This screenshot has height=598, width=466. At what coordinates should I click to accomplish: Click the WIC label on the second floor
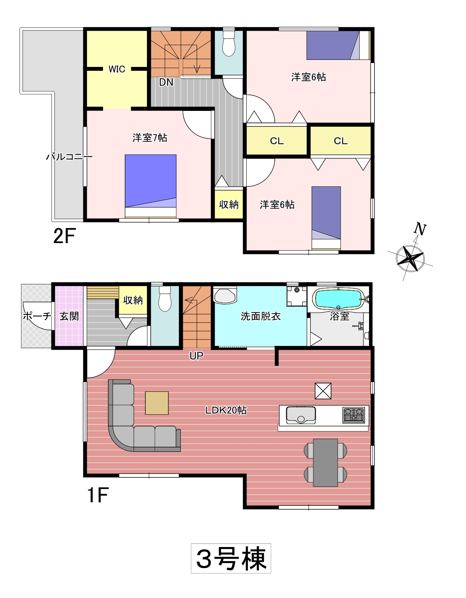tap(117, 69)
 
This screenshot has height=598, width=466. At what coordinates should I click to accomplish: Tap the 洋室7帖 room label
tap(150, 138)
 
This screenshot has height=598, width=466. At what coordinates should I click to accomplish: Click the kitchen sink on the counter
tap(301, 415)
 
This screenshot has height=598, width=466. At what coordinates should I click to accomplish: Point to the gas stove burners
tap(354, 415)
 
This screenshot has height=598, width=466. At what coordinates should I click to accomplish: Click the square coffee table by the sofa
tap(157, 403)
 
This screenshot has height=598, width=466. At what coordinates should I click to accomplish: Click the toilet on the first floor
tap(165, 298)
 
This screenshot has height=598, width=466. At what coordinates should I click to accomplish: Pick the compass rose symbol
tap(410, 258)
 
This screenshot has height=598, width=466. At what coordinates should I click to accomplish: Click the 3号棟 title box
tap(231, 558)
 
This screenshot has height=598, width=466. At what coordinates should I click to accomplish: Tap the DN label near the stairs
tap(166, 82)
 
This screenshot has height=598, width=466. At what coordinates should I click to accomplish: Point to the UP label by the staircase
tap(196, 356)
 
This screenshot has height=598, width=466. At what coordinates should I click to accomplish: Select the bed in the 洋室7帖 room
tap(150, 186)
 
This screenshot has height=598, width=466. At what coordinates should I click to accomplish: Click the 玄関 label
tap(69, 316)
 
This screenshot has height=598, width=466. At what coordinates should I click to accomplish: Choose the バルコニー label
tap(69, 157)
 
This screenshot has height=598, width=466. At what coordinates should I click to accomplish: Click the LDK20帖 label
tap(226, 410)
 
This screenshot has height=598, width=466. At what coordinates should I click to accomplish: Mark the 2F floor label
tap(65, 236)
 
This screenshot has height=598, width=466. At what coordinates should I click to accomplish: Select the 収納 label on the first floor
tap(133, 300)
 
